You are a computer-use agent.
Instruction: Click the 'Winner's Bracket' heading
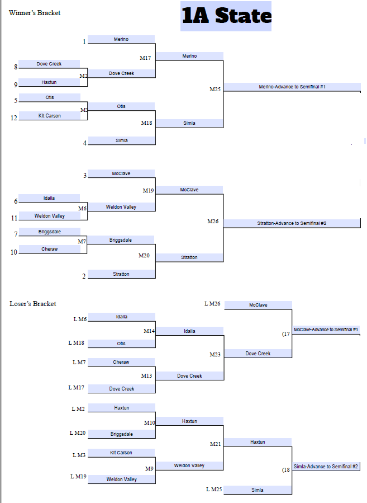coord(35,13)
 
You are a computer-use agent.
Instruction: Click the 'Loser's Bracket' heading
coord(33,304)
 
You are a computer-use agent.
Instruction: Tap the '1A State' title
coord(226,16)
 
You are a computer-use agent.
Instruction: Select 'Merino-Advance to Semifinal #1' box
coord(292,87)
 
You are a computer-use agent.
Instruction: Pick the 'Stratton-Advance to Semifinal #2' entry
coord(292,223)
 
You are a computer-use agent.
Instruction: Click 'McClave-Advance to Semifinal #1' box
coord(326,330)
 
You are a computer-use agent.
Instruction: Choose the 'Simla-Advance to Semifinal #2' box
coord(326,466)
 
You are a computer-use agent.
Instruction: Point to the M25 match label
coord(215,90)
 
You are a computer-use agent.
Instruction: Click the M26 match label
coord(213,222)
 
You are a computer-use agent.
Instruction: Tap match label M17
coord(145,58)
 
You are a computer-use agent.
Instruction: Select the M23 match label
coord(215,355)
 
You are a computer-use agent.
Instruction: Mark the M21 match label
coord(215,444)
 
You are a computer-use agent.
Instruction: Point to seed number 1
coord(84,42)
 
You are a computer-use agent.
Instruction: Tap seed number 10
coord(14,252)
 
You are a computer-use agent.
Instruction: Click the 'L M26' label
coord(212,304)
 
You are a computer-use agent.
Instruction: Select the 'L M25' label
coord(213,490)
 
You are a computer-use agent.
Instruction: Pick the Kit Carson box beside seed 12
coord(50,116)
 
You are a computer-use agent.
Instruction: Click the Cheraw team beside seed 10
coord(50,249)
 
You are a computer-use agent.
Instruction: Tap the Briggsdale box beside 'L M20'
coord(121,434)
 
